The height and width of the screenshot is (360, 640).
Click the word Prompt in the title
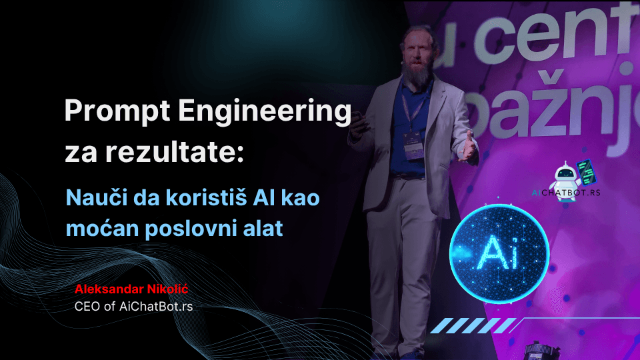(x=117, y=111)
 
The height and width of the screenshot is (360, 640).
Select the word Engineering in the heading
(x=265, y=111)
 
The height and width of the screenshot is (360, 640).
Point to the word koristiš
(x=206, y=198)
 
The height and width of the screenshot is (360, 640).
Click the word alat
(x=263, y=228)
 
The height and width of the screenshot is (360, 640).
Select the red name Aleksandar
(x=109, y=289)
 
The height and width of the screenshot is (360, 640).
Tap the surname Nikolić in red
(x=167, y=289)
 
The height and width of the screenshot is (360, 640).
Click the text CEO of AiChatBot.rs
(x=133, y=307)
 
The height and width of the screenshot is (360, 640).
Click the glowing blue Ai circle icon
(x=499, y=254)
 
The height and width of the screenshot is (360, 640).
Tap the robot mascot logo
(x=571, y=179)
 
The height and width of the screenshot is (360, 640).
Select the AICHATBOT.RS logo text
(x=566, y=193)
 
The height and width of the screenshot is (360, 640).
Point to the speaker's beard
(x=415, y=73)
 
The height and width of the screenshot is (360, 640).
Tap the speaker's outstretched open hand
(x=467, y=147)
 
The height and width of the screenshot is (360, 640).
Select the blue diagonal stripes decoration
(x=473, y=326)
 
